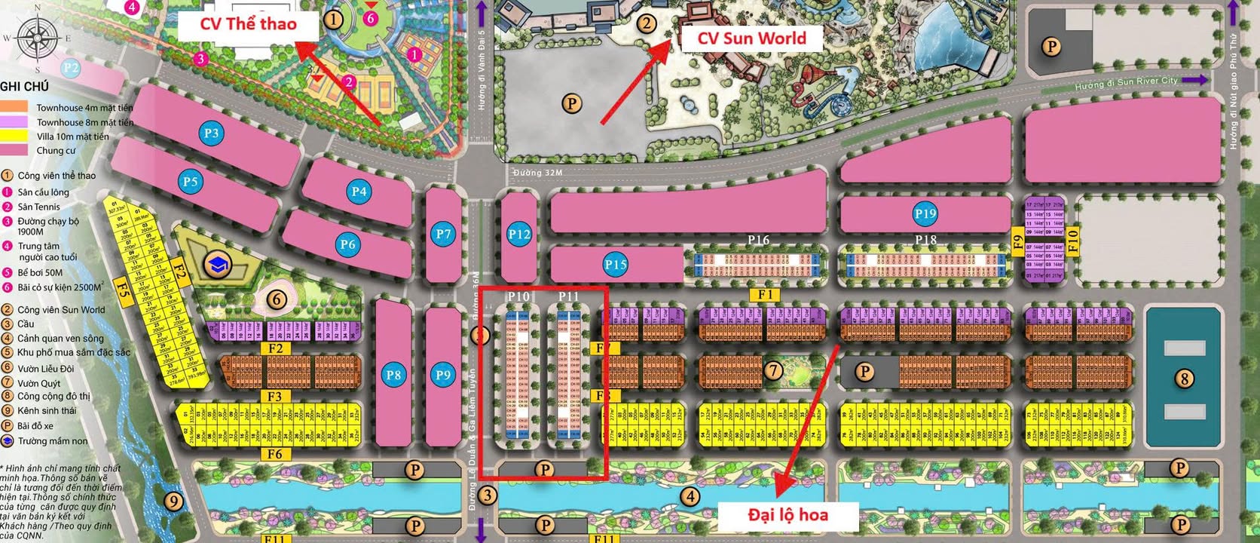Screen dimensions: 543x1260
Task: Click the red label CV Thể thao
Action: (x=248, y=24)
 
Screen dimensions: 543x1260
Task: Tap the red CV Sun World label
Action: (x=751, y=38)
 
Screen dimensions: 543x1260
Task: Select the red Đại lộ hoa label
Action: (x=787, y=515)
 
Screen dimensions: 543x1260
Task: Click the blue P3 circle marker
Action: (x=212, y=133)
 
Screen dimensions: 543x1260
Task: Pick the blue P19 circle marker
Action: (x=925, y=213)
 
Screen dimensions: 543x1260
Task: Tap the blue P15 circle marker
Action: (x=616, y=264)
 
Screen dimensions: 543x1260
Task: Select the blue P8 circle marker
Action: (x=393, y=375)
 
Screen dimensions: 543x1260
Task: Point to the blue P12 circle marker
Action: (x=519, y=235)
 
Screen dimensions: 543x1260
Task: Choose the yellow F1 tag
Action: (x=765, y=295)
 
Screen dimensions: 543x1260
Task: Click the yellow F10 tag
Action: (x=1072, y=241)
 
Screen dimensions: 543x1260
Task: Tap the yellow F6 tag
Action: (x=275, y=454)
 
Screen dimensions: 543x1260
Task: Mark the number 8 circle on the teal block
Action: (x=1185, y=378)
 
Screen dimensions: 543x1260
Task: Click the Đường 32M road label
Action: (x=537, y=173)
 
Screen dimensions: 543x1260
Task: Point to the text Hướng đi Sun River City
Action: (x=1126, y=83)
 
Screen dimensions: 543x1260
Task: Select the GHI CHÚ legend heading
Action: (x=25, y=87)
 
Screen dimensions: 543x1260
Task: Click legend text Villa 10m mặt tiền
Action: (x=72, y=137)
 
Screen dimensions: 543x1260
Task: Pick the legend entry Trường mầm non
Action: (x=53, y=441)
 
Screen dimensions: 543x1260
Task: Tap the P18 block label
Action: (x=925, y=240)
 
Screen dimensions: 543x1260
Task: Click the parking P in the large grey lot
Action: (x=572, y=103)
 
